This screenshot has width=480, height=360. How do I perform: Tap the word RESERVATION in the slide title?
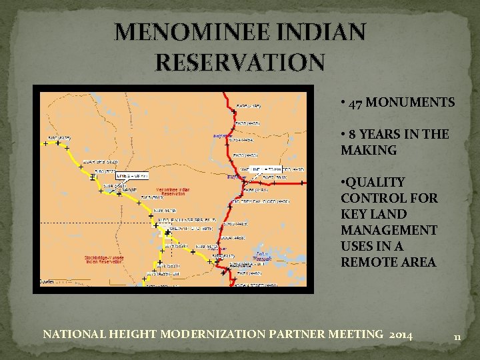pyautogui.click(x=241, y=62)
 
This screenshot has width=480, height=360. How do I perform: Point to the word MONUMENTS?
pyautogui.click(x=411, y=103)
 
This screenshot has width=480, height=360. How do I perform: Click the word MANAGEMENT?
pyautogui.click(x=389, y=230)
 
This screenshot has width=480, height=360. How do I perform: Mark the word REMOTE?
pyautogui.click(x=369, y=262)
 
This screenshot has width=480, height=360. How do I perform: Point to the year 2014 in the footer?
pyautogui.click(x=399, y=334)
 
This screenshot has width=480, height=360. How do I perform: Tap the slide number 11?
pyautogui.click(x=457, y=337)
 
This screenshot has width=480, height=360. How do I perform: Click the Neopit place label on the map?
pyautogui.click(x=129, y=189)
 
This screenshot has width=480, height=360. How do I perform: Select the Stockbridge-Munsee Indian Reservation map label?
pyautogui.click(x=106, y=259)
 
